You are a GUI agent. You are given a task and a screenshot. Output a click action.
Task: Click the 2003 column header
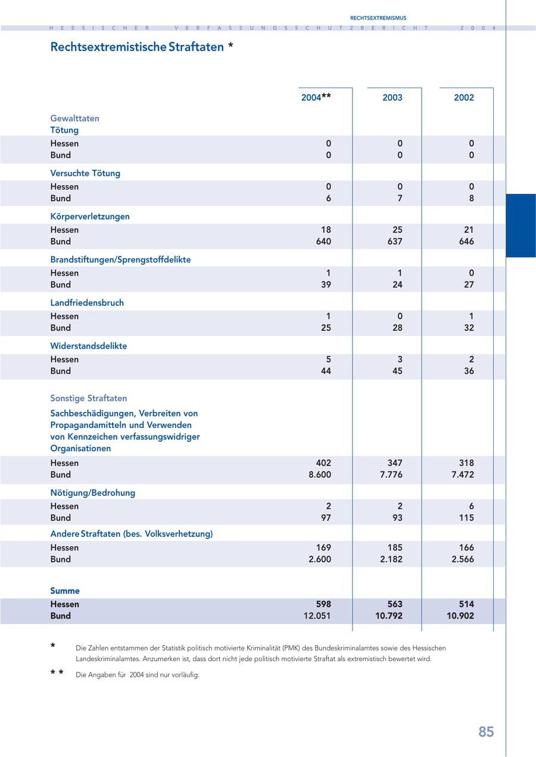click(392, 98)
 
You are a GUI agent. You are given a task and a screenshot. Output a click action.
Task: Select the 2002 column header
click(464, 98)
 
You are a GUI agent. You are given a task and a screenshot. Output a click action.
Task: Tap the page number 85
click(486, 732)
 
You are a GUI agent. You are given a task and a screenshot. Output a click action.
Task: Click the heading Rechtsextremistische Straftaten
click(137, 47)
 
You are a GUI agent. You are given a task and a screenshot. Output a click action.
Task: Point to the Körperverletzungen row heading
click(90, 217)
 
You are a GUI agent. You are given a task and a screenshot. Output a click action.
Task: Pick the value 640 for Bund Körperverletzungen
click(323, 242)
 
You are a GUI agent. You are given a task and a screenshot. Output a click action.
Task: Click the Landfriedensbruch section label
click(87, 303)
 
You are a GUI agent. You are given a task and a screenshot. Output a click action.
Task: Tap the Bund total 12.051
click(317, 616)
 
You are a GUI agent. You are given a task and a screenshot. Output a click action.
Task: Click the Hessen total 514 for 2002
click(466, 604)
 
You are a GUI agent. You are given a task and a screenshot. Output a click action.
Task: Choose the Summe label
click(65, 591)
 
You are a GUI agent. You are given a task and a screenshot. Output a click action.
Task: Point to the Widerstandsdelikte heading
click(89, 346)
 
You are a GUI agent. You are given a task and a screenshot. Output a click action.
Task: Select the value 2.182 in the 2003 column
click(391, 559)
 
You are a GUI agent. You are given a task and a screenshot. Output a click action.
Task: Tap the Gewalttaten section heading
click(75, 118)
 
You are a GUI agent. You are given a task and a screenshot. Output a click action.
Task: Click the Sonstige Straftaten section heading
click(89, 398)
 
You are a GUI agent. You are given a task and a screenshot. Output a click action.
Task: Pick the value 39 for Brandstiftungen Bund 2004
click(326, 284)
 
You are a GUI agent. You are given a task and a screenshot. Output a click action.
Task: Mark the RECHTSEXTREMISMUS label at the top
click(378, 18)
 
